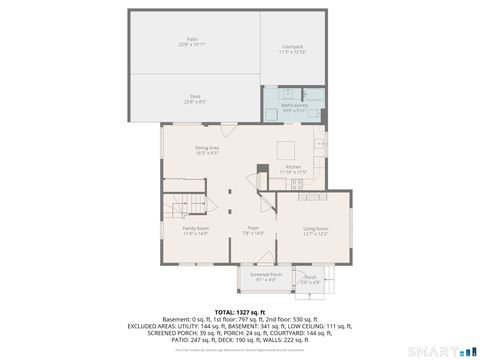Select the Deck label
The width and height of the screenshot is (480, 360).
pyautogui.click(x=194, y=97)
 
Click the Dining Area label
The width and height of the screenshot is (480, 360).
pyautogui.click(x=207, y=148)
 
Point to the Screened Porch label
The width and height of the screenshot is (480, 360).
pyautogui.click(x=265, y=274)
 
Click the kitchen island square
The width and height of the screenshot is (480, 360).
pyautogui.click(x=286, y=148)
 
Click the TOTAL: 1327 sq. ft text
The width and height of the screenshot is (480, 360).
pyautogui.click(x=239, y=312)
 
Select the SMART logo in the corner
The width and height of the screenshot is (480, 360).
pyautogui.click(x=441, y=350)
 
